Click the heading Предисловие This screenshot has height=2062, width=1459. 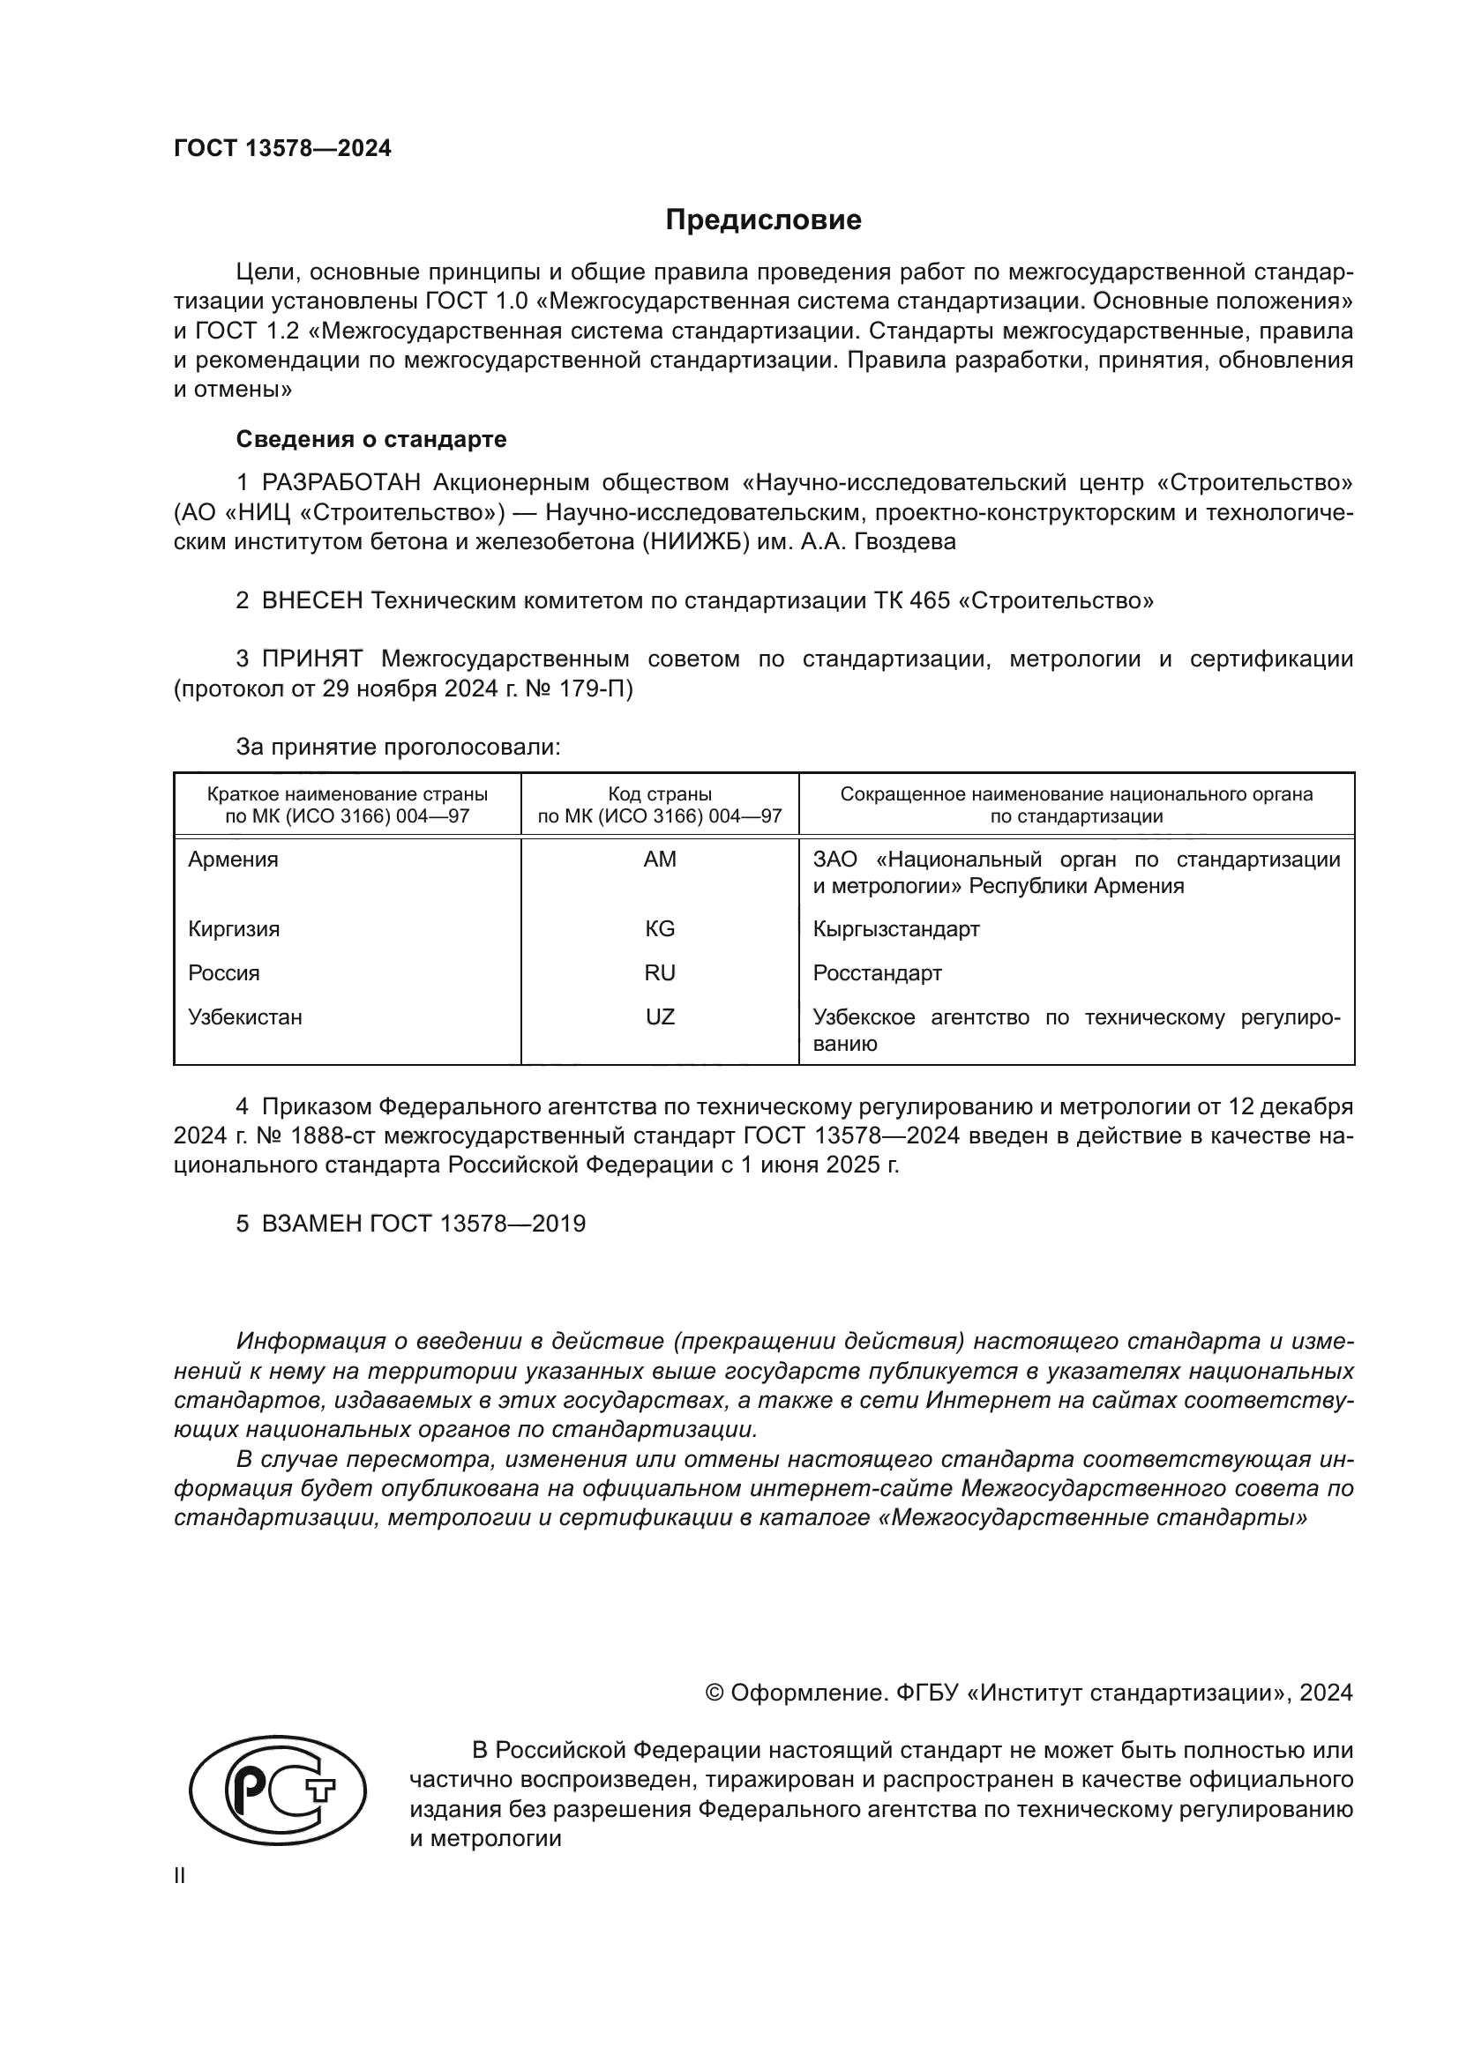coord(763,220)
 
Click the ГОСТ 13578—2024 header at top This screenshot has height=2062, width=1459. coord(282,149)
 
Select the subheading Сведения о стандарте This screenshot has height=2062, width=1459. coord(371,439)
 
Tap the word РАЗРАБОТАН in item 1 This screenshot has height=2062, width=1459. coord(340,483)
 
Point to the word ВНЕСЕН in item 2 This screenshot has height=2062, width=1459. coord(311,601)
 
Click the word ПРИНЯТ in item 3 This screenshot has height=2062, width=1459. coord(311,659)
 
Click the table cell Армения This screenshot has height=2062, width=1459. coord(233,860)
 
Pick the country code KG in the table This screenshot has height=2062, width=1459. coord(660,928)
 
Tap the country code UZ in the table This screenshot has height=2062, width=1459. coord(660,1016)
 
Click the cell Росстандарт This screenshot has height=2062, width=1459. coord(877,972)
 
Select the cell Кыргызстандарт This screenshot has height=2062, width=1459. coord(895,928)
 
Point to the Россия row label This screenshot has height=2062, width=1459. coord(224,972)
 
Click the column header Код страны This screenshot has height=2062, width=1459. coord(660,794)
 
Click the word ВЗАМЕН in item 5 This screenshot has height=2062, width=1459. coord(311,1225)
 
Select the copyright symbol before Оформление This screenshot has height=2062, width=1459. coord(715,1693)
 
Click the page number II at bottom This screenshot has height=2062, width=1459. coord(180,1875)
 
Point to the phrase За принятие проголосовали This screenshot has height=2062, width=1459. coord(398,748)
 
